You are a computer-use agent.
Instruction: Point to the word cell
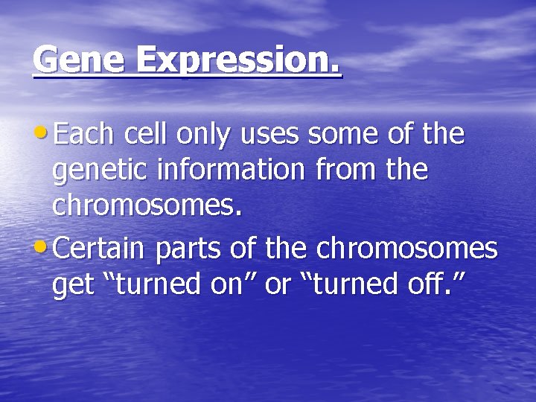point(147,135)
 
